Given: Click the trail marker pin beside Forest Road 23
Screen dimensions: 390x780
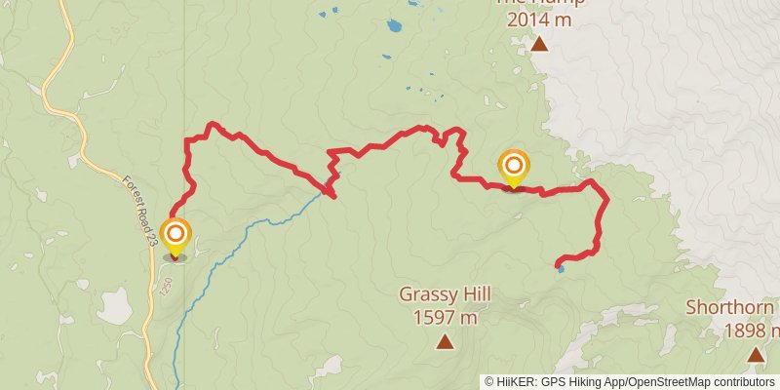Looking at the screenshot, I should pyautogui.click(x=175, y=236).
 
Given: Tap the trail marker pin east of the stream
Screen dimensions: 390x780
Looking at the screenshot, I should pyautogui.click(x=513, y=166).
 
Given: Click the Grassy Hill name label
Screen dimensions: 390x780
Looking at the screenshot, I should pyautogui.click(x=444, y=293).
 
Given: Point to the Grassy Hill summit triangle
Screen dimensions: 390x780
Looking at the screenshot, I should pyautogui.click(x=445, y=341).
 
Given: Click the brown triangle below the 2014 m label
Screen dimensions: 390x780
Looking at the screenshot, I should pyautogui.click(x=539, y=44).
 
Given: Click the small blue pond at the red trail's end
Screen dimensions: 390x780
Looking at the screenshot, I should pyautogui.click(x=560, y=266).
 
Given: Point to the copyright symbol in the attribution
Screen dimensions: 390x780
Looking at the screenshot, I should pyautogui.click(x=489, y=381).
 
